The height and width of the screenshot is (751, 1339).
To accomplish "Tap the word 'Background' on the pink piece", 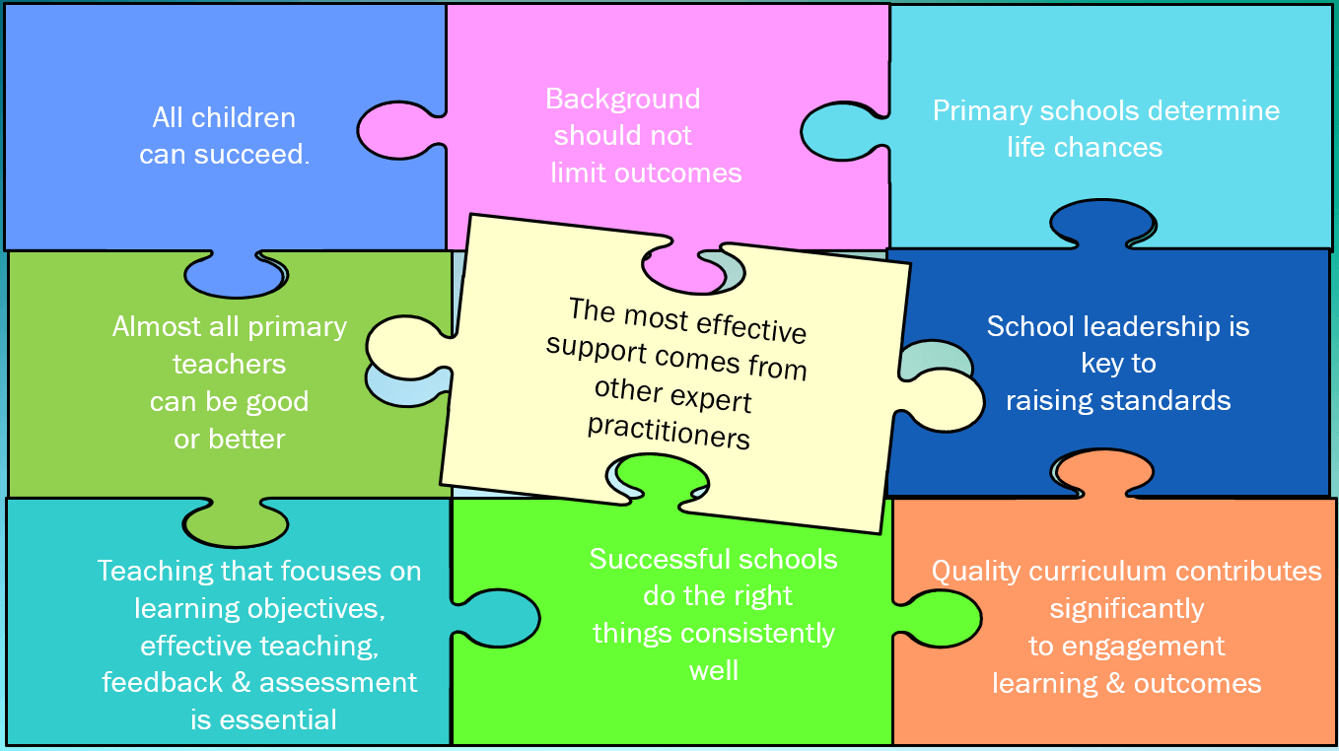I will click(x=622, y=99).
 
